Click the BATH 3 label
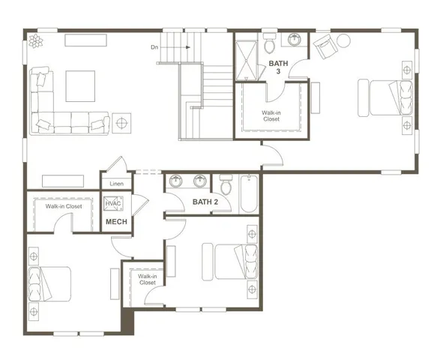[x=275, y=67]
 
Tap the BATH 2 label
[x=205, y=202]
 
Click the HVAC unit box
[x=113, y=204]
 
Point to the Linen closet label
[x=116, y=183]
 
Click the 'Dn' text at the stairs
[x=154, y=46]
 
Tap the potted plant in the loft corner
[x=34, y=42]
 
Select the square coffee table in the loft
[x=80, y=85]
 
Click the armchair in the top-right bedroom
[x=325, y=47]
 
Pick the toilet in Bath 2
[x=224, y=184]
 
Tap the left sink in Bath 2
[x=176, y=181]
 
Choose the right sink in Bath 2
[x=200, y=181]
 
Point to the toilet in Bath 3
[x=270, y=39]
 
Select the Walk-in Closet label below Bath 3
[x=271, y=116]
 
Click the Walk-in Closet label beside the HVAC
[x=64, y=206]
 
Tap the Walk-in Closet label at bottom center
[x=147, y=280]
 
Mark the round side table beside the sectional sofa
[x=121, y=121]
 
